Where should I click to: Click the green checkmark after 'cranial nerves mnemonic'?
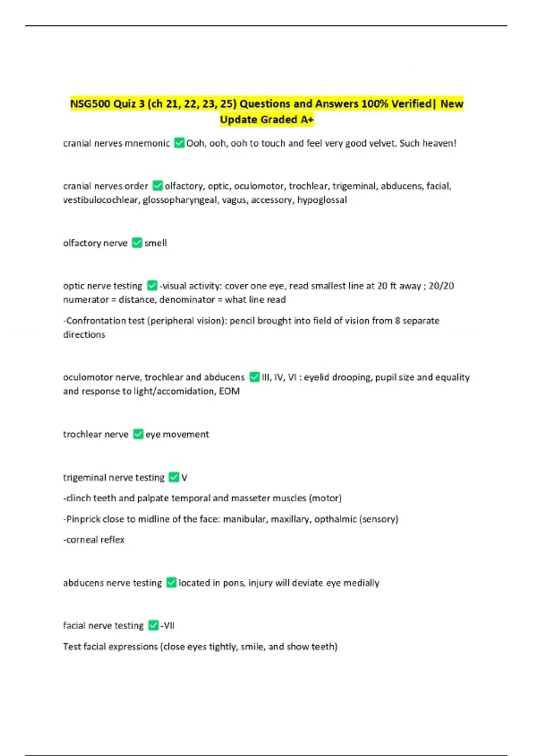179,143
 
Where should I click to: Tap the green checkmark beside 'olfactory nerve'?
137,243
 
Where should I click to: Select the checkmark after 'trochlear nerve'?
138,434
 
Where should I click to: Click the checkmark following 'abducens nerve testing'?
171,583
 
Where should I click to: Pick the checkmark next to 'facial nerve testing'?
153,625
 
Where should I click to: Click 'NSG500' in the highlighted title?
90,104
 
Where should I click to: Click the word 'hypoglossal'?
322,200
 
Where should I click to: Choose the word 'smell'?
155,243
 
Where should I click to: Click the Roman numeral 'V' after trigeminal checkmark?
184,478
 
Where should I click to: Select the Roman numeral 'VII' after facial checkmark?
169,626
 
